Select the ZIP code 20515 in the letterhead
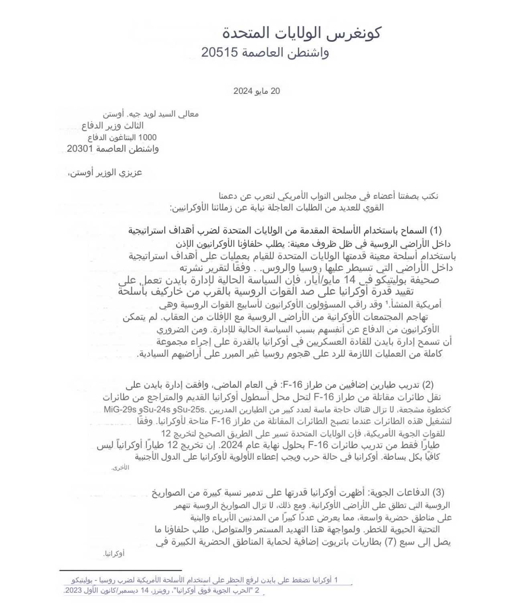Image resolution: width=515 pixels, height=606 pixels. point(218,53)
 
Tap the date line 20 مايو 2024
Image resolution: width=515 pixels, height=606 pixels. point(257,91)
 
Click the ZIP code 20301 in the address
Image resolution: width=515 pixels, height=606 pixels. point(80,149)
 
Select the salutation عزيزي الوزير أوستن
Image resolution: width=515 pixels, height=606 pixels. point(105,173)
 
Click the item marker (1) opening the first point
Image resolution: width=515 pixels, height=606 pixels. point(436,231)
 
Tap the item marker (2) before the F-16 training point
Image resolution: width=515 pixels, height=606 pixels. point(428,385)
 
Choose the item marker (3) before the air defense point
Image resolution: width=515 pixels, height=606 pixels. point(438,492)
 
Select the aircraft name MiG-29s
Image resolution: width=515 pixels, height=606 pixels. point(120,410)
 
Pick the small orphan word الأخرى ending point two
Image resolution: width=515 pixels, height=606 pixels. point(120,468)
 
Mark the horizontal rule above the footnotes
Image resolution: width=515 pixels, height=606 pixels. point(120,570)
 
